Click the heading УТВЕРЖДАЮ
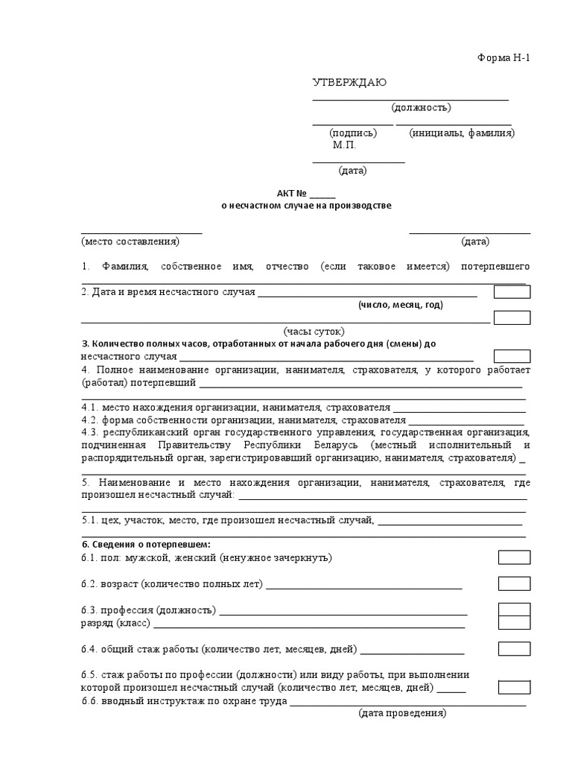click(x=349, y=83)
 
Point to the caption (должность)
click(x=421, y=107)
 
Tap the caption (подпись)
click(x=353, y=133)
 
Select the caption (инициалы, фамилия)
click(x=461, y=133)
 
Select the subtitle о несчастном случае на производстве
click(x=306, y=206)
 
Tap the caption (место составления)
click(x=130, y=241)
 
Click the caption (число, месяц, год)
click(x=400, y=305)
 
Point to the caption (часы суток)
click(x=314, y=332)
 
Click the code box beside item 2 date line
click(x=512, y=292)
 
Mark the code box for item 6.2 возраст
click(x=514, y=583)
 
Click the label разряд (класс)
click(x=115, y=623)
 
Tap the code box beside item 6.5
click(x=514, y=687)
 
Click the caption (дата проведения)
click(x=402, y=713)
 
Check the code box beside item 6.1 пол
click(x=514, y=557)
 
